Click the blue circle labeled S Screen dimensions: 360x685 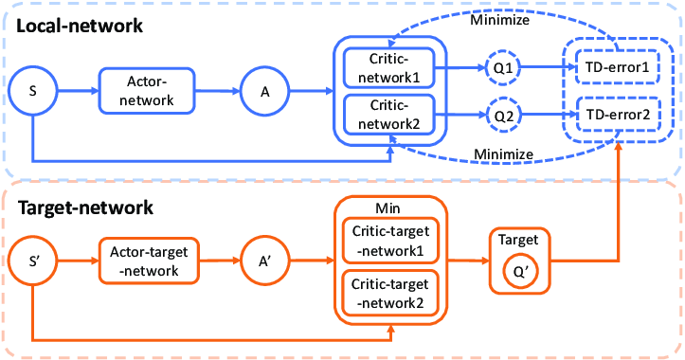point(33,91)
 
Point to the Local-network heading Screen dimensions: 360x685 point(81,26)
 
